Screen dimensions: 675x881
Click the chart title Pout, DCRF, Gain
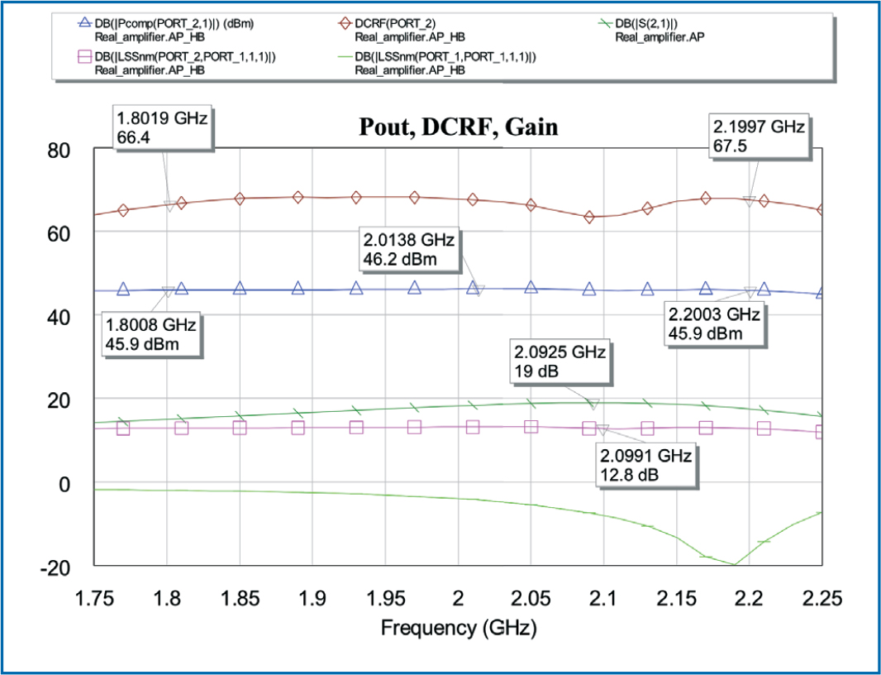pos(457,127)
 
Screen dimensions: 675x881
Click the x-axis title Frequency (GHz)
pos(459,629)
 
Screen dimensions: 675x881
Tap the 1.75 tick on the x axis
pos(94,597)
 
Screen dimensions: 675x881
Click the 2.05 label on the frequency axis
pos(530,597)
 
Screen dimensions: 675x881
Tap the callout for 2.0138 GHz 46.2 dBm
pos(408,250)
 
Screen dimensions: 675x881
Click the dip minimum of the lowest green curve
pos(733,564)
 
